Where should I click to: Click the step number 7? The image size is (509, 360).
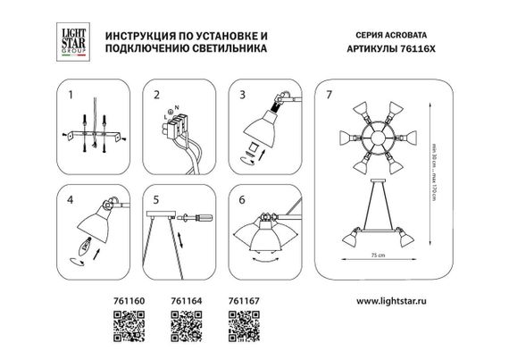[332, 94]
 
